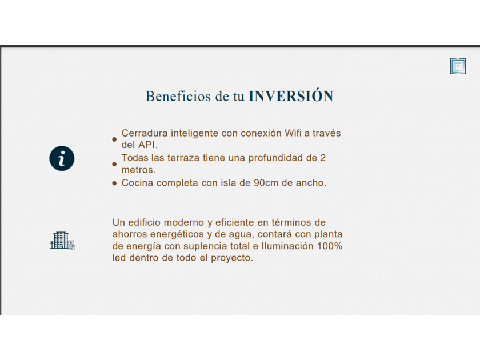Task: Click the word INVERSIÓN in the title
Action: tap(291, 96)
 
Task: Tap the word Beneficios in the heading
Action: tap(178, 96)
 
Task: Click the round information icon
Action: tap(62, 158)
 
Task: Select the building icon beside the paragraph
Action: tap(63, 241)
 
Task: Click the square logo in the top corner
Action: tap(458, 66)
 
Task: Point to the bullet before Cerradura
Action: tap(114, 139)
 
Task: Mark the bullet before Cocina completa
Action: tap(114, 183)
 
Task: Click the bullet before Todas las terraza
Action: tap(114, 164)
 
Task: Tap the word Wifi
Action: tap(293, 133)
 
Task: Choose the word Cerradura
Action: tap(145, 133)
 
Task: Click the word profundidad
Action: tap(275, 158)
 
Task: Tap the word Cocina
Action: tap(137, 183)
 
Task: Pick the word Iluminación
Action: tap(287, 246)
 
